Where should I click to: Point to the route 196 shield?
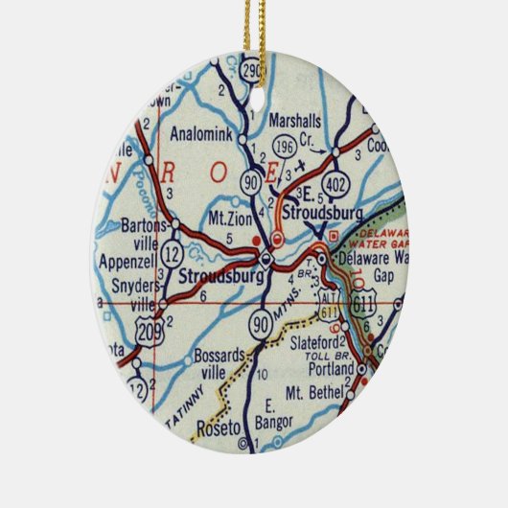tap(284, 148)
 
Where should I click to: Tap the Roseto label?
tap(214, 425)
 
